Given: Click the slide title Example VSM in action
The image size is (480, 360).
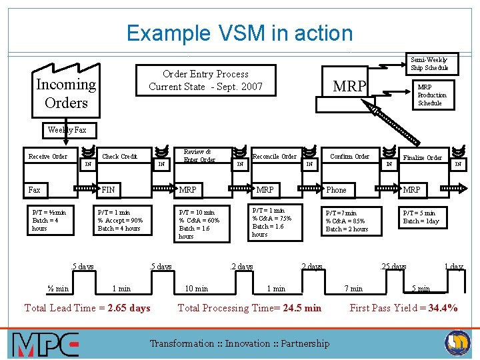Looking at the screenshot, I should [239, 33].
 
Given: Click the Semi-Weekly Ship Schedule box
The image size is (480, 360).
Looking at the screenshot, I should [429, 64].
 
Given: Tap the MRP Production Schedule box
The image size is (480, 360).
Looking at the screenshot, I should [431, 95].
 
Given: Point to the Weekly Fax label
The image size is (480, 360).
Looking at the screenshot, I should [67, 130].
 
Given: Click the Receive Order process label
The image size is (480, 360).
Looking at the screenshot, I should [48, 157].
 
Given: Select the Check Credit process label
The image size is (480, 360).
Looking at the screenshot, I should [119, 157].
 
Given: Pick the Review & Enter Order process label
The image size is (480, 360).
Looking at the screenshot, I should [199, 156].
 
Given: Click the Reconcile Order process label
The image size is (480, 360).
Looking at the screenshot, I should [275, 157].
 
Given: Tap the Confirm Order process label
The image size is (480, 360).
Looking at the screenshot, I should [350, 157].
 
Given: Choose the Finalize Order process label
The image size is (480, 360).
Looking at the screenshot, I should [423, 158].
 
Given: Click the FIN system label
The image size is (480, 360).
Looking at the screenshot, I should [108, 190].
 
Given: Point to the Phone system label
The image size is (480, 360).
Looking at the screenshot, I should [336, 190].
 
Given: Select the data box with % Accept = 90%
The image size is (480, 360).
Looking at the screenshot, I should [121, 220].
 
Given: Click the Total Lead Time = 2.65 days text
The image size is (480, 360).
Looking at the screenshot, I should [87, 308].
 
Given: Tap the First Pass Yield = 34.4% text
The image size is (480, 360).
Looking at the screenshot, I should [403, 308].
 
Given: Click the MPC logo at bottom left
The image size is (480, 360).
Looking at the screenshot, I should [45, 344].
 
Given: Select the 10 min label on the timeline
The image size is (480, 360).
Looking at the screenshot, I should [196, 289].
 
